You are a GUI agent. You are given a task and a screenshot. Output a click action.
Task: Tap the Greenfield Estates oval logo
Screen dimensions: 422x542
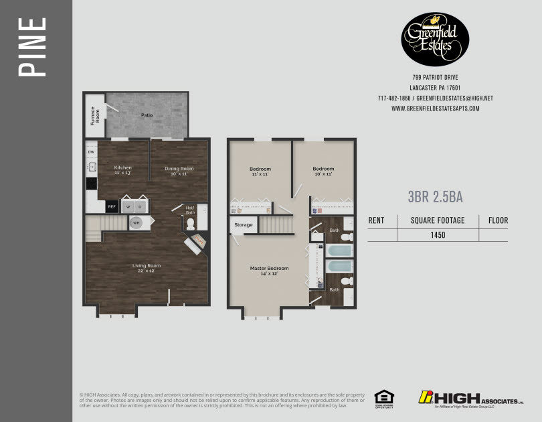[x=435, y=39]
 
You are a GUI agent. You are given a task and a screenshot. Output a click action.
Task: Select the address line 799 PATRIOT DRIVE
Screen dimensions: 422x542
[x=435, y=78]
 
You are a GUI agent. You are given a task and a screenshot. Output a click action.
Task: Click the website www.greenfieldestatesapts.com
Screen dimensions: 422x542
[x=435, y=109]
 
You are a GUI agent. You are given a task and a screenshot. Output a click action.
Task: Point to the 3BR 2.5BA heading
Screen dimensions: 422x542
[x=436, y=197]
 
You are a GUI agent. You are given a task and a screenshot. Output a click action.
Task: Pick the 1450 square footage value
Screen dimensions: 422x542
[x=438, y=235]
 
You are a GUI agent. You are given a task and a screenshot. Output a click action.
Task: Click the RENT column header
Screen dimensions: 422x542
[x=377, y=220]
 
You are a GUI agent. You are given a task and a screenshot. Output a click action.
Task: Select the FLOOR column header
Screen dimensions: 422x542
[x=498, y=220]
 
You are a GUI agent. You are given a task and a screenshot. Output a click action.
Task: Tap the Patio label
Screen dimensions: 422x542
[x=147, y=115]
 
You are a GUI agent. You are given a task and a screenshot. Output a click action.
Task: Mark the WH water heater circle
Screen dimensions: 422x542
[x=137, y=222]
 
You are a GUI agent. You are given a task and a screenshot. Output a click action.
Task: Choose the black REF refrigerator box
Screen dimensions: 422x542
[x=112, y=207]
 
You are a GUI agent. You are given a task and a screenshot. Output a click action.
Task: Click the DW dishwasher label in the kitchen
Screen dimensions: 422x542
[x=91, y=152]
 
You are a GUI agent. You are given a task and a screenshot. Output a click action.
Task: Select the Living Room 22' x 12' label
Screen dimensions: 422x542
[x=146, y=269]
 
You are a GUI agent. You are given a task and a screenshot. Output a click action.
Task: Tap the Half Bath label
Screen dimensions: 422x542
[x=190, y=210]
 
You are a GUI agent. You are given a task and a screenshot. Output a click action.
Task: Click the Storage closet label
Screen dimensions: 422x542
[x=244, y=225]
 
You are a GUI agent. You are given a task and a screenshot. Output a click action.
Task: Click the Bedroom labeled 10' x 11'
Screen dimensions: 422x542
[x=323, y=171]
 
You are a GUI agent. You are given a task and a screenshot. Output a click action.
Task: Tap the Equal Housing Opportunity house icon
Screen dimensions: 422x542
[x=383, y=398]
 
